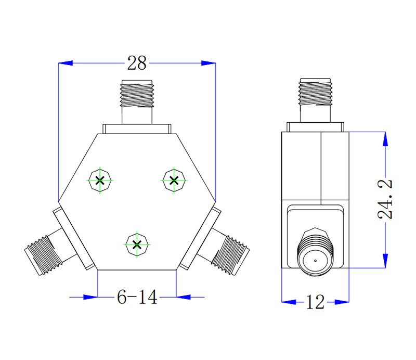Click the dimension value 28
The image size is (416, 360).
click(x=137, y=63)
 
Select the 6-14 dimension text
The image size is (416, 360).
click(x=137, y=298)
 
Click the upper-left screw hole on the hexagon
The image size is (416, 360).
click(x=100, y=181)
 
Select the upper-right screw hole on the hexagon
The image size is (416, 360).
click(x=174, y=181)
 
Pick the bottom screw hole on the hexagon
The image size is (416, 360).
click(x=137, y=244)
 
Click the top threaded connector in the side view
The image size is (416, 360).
click(x=315, y=93)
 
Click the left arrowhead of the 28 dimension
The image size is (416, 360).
click(x=65, y=63)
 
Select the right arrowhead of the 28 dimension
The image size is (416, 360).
click(x=209, y=63)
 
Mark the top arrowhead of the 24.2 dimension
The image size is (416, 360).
click(x=385, y=139)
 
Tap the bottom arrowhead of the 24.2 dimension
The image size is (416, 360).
click(x=385, y=262)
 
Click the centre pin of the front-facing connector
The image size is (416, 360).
click(x=315, y=260)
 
